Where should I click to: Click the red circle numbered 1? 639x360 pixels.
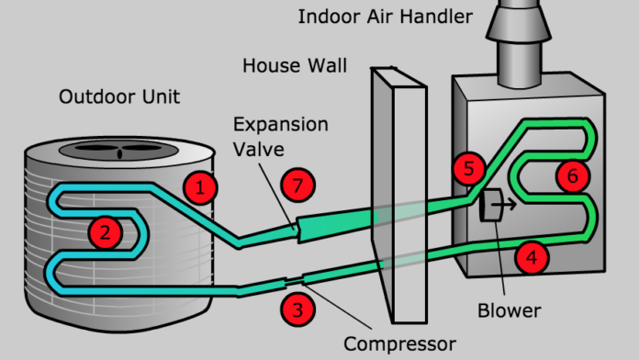(200, 188)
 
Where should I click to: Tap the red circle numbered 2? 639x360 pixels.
(106, 233)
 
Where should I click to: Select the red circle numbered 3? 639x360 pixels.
(296, 309)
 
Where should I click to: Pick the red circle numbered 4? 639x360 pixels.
(531, 258)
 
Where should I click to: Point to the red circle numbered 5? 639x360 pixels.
(468, 168)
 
